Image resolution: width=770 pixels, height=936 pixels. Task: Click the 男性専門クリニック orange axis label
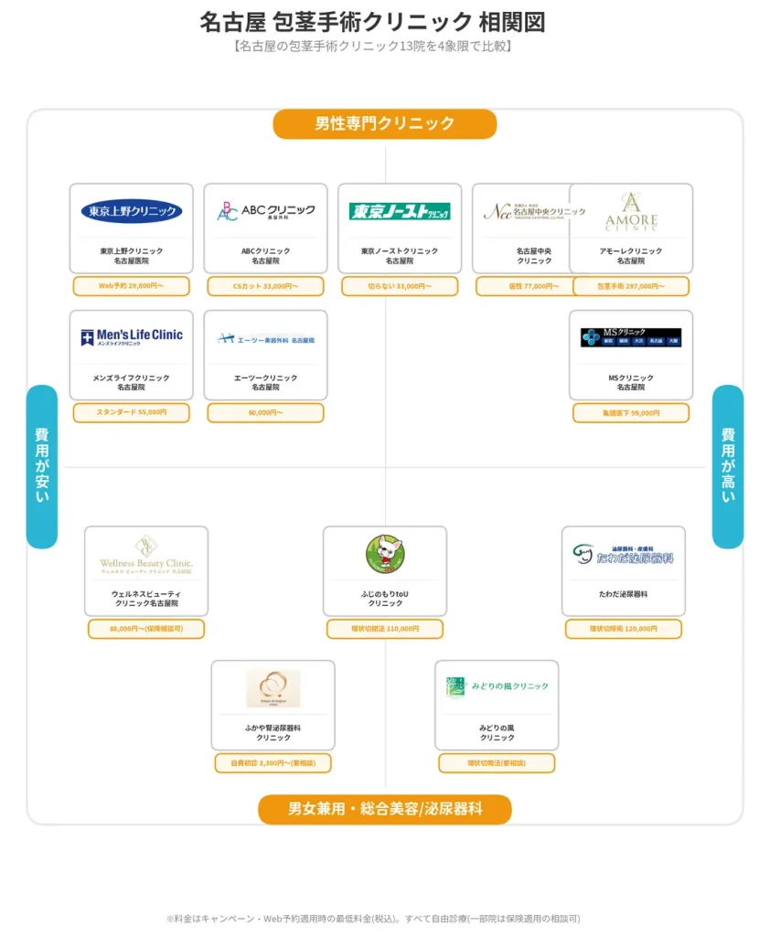[x=384, y=124]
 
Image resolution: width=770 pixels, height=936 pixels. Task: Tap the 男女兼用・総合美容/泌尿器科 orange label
[x=384, y=809]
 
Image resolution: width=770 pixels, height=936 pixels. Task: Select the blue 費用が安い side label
[x=42, y=466]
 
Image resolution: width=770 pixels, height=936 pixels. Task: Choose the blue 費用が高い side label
[x=727, y=466]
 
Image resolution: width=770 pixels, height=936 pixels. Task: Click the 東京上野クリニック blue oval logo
[x=132, y=211]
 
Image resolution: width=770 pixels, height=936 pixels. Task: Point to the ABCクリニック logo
[x=265, y=211]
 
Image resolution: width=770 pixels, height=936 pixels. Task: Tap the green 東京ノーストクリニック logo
[x=400, y=211]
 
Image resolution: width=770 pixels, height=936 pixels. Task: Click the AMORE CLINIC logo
[x=631, y=211]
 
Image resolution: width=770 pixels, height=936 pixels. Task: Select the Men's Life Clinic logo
[x=132, y=337]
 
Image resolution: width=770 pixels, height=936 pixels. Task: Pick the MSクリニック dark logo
[x=631, y=337]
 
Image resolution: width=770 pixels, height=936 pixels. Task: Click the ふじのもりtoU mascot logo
[x=384, y=554]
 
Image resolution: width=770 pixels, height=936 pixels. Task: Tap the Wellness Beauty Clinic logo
[x=146, y=554]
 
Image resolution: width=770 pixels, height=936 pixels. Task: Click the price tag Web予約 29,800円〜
[x=132, y=286]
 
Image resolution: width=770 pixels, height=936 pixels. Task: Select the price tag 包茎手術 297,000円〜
[x=631, y=286]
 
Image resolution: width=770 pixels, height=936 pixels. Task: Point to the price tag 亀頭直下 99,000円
[x=631, y=413]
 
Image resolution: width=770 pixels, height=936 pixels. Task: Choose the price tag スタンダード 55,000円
[x=132, y=413]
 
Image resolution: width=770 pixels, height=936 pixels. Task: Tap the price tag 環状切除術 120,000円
[x=624, y=629]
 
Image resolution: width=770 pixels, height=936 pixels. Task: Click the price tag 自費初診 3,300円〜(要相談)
[x=273, y=763]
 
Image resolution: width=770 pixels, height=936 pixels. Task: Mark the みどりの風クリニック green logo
[x=497, y=687]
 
